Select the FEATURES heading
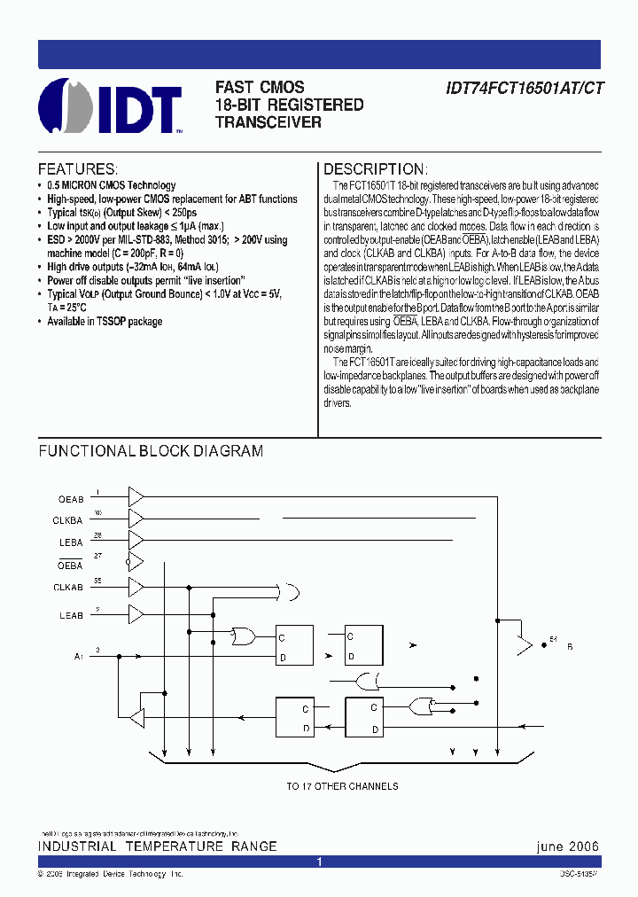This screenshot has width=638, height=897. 77,169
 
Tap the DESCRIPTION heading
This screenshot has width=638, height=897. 375,169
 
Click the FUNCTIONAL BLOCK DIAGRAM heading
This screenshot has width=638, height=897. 151,451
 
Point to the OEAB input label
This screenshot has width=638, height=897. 71,499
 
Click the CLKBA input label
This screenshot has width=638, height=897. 68,521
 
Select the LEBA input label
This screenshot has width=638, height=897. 71,542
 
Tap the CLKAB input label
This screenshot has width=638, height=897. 68,588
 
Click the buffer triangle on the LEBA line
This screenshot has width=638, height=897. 136,540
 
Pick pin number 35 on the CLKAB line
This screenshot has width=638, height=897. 98,580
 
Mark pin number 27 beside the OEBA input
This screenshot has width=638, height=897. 98,556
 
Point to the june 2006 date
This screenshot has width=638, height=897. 568,846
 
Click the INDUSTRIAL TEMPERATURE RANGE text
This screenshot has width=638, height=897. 158,846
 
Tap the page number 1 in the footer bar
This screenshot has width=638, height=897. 320,862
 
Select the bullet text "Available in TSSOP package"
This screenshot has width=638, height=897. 105,322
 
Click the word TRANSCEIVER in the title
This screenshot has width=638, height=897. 268,122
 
